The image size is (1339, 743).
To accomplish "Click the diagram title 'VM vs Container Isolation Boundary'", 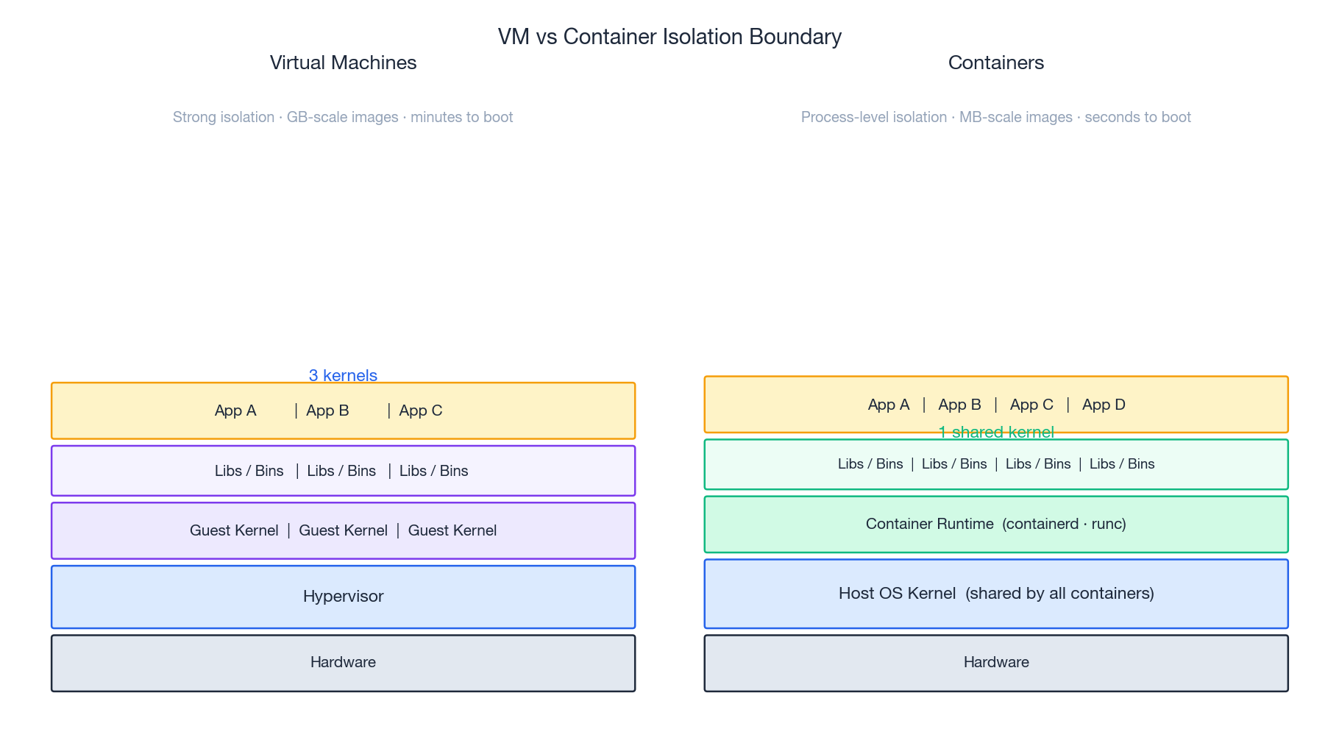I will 669,37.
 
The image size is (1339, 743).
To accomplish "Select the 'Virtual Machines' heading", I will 343,63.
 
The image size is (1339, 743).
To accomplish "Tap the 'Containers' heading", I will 995,63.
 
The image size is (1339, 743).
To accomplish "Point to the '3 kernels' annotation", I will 343,375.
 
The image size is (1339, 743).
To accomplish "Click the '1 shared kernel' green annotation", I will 995,433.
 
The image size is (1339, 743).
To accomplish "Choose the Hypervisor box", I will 343,597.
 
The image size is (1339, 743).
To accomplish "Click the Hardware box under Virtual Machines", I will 343,663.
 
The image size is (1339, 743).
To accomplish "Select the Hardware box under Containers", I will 995,663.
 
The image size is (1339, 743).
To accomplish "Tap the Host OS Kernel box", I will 995,594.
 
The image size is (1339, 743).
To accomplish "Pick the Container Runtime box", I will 995,524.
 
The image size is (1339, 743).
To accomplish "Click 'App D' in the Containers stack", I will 1104,405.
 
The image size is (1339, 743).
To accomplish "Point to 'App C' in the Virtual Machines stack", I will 421,410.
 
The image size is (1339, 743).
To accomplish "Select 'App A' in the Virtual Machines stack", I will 235,410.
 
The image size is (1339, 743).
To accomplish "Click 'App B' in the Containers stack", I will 959,405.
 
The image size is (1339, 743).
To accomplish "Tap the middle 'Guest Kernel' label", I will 343,530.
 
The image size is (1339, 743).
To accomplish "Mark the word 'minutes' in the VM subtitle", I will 434,117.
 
